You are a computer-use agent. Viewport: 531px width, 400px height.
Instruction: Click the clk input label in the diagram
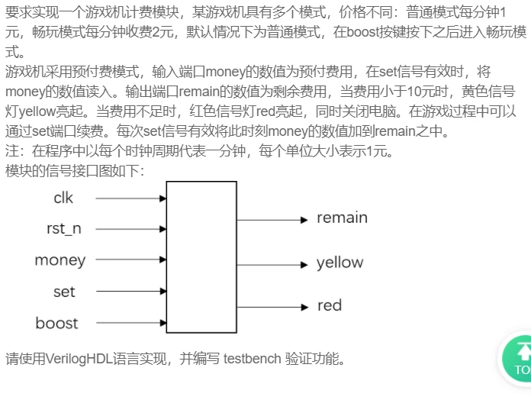63,198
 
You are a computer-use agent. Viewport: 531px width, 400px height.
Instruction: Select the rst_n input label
64,228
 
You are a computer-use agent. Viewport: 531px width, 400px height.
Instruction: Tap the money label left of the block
60,260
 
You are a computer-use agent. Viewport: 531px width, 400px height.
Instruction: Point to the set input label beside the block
64,292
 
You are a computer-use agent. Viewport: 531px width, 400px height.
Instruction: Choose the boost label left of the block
57,323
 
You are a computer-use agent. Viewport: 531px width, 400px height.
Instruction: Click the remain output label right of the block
342,218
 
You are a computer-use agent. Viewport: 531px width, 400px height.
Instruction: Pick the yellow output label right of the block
340,263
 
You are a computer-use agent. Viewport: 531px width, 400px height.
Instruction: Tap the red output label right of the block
330,305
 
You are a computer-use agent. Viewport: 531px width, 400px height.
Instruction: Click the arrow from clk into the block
131,198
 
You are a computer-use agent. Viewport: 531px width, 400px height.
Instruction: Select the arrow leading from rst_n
131,229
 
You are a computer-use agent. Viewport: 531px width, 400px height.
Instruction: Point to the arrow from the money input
131,260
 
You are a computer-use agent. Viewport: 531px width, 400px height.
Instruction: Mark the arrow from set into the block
131,291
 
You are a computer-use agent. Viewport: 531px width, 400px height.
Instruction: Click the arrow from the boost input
131,322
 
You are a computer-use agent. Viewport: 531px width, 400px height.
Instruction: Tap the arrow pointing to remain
272,220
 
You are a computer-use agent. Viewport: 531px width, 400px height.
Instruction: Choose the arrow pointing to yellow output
272,265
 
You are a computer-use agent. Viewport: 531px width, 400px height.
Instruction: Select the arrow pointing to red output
272,307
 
